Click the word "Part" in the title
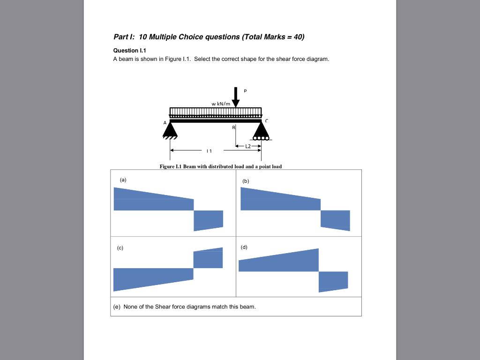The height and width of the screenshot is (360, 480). (x=121, y=37)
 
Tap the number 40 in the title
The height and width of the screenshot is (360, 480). (x=299, y=37)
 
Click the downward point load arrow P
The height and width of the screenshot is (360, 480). (x=236, y=97)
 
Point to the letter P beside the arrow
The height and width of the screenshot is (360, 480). (x=245, y=91)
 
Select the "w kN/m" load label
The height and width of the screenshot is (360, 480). (x=221, y=104)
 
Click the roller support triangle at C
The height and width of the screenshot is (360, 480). (x=261, y=131)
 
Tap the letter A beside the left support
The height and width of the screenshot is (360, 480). (x=165, y=122)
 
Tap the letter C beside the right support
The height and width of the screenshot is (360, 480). (x=267, y=121)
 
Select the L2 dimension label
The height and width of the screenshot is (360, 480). (x=248, y=146)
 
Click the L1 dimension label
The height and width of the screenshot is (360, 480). (x=209, y=151)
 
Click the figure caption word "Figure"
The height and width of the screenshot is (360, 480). (x=167, y=166)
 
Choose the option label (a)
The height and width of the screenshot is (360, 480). (x=123, y=180)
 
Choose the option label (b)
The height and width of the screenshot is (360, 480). (x=246, y=180)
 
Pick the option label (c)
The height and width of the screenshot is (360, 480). (x=120, y=247)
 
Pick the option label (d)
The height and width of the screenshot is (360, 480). (x=244, y=247)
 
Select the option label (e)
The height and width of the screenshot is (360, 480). (x=117, y=307)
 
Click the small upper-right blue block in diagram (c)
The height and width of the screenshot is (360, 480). (x=208, y=259)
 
